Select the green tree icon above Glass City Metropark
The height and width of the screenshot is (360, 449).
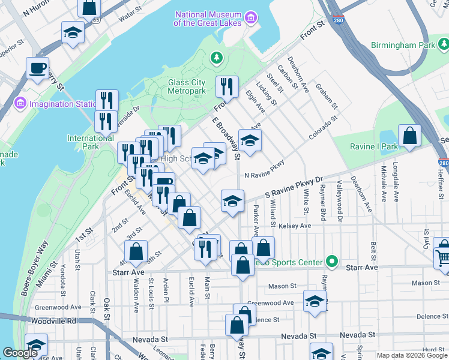coord(215,58)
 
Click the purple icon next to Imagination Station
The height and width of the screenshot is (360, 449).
coord(20,103)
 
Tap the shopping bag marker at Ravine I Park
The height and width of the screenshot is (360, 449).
coord(409,136)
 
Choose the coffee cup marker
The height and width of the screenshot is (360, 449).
coord(37,68)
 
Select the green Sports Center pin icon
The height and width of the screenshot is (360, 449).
coord(331,262)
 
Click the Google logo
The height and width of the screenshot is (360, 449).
coord(20,353)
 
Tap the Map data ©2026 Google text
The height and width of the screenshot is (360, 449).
coord(411,355)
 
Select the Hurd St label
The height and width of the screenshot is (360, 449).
coord(432,349)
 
